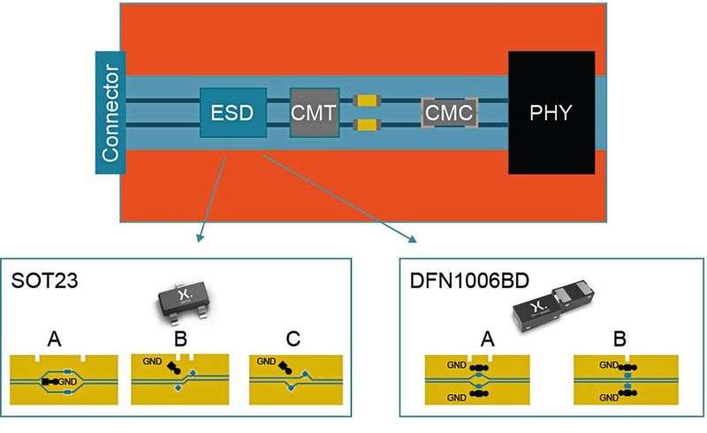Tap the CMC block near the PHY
[x=449, y=113]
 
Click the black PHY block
[x=551, y=112]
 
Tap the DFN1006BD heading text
[x=457, y=283]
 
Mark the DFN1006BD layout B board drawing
[x=627, y=382]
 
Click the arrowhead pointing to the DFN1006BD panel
[x=411, y=238]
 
